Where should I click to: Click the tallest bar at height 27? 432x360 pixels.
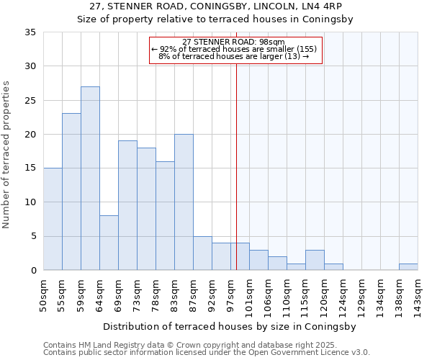[90, 178]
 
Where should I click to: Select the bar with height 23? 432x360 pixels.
[71, 192]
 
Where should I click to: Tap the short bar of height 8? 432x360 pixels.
[109, 243]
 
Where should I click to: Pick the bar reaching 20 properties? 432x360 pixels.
[184, 202]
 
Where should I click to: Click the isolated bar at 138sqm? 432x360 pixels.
[408, 266]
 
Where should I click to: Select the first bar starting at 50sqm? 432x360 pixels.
[53, 219]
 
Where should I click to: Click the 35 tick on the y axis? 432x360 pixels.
[30, 32]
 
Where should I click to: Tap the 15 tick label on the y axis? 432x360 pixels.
[30, 168]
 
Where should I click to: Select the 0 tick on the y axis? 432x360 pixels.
[33, 271]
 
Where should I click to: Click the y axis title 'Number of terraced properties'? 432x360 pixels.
[7, 154]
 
